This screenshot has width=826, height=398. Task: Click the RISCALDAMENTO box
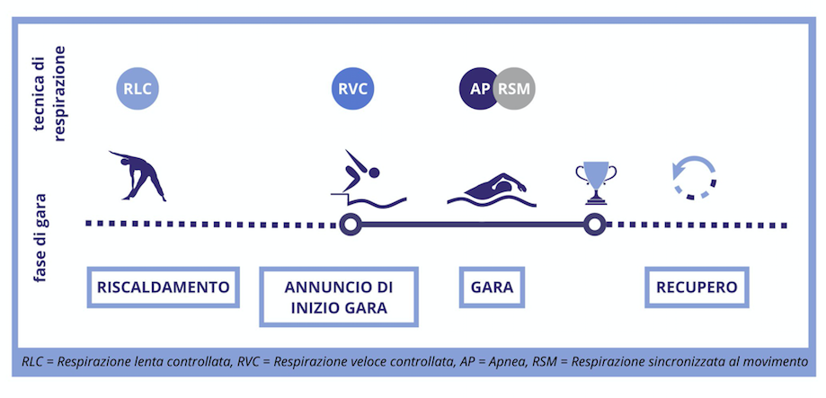pyautogui.click(x=164, y=287)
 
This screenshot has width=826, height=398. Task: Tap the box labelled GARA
pyautogui.click(x=492, y=287)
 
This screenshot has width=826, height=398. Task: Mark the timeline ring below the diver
pyautogui.click(x=350, y=225)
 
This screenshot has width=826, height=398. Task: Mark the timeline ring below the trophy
pyautogui.click(x=593, y=225)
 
